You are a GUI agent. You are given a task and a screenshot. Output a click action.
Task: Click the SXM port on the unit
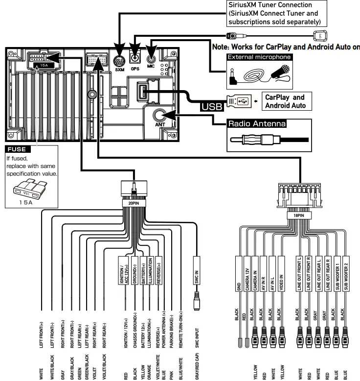coord(120,62)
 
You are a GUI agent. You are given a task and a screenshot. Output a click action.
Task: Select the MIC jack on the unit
coord(151,58)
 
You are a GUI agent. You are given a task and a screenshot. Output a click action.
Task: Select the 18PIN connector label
coord(299,214)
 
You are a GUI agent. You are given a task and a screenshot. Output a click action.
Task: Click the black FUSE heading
coord(19,149)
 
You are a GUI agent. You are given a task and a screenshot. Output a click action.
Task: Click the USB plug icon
coord(240,100)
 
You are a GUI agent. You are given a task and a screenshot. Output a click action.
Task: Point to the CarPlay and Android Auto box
coord(285,101)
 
